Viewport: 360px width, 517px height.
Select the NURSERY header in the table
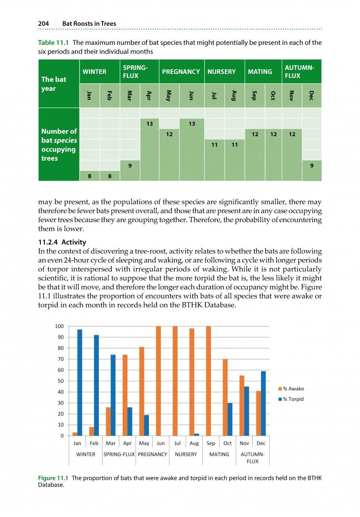(221, 71)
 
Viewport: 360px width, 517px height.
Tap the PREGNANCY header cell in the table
(181, 71)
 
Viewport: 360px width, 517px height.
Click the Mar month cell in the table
(130, 96)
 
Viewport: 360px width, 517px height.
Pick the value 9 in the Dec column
(312, 165)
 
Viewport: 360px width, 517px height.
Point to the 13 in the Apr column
(149, 124)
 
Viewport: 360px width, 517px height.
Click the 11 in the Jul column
(214, 145)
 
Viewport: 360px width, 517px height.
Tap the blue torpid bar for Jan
(80, 382)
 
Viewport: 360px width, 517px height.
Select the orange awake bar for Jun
(159, 381)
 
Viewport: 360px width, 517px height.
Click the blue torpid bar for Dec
(263, 404)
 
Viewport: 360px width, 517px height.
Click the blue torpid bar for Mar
(113, 395)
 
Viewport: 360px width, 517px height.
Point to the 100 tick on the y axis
(59, 326)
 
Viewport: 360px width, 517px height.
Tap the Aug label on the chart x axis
(194, 443)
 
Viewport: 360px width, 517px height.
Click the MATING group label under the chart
(219, 454)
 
